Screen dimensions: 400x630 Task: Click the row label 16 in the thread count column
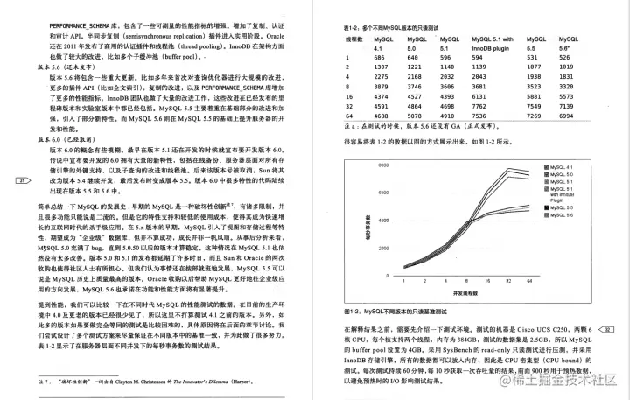(x=347, y=95)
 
